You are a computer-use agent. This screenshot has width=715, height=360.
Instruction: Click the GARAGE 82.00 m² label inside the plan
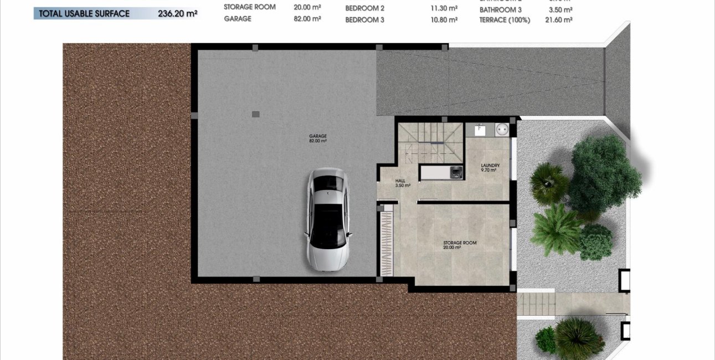pyautogui.click(x=318, y=138)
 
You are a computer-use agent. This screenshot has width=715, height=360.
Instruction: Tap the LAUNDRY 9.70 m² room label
pyautogui.click(x=490, y=168)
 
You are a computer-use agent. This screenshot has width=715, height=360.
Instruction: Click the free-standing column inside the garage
pyautogui.click(x=255, y=114)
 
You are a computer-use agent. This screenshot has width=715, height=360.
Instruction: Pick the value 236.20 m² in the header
pyautogui.click(x=178, y=14)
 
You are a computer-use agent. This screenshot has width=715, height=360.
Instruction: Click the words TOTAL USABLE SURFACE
pyautogui.click(x=84, y=14)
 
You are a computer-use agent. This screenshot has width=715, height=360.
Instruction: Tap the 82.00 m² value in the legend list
pyautogui.click(x=307, y=19)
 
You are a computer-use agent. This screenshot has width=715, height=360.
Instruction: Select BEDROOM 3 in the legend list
pyautogui.click(x=364, y=20)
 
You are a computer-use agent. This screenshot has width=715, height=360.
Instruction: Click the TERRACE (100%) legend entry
pyautogui.click(x=505, y=20)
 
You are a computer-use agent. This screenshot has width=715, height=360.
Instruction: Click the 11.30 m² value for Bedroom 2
pyautogui.click(x=444, y=8)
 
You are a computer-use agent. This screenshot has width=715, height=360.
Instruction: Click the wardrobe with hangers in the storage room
pyautogui.click(x=387, y=241)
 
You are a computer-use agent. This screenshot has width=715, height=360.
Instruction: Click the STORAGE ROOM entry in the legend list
pyautogui.click(x=250, y=8)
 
